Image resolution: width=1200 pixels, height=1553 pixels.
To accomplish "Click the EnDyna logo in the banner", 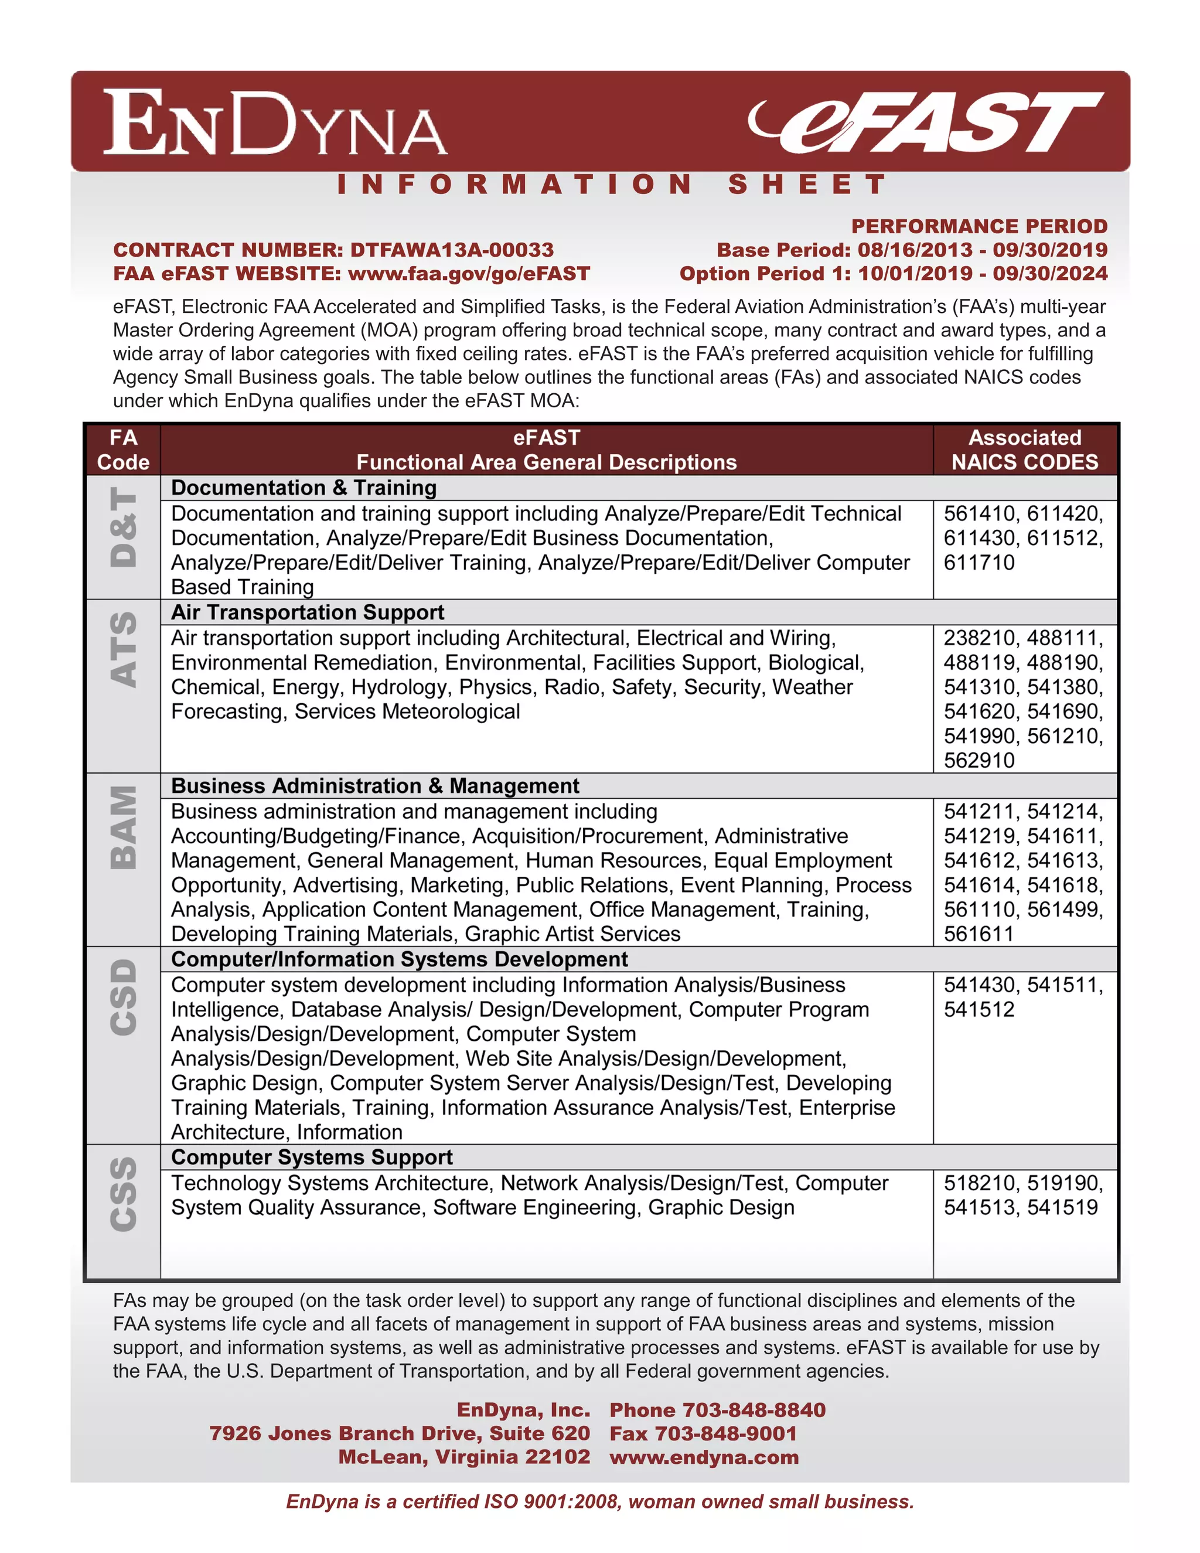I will tap(275, 122).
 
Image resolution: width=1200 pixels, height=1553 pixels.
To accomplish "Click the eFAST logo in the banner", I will tap(926, 122).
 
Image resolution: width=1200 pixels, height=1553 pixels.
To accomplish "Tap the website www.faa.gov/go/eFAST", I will tap(469, 274).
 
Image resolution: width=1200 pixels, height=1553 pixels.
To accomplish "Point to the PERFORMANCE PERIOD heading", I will tap(979, 226).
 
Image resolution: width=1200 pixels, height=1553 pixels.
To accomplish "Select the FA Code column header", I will tap(123, 449).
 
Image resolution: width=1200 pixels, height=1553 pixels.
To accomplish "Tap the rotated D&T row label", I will tap(124, 527).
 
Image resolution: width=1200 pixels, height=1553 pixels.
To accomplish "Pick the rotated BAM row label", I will tap(124, 827).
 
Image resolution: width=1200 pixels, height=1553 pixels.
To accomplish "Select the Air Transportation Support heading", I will tap(307, 612).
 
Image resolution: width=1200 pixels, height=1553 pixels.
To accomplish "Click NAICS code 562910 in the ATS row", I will tap(979, 760).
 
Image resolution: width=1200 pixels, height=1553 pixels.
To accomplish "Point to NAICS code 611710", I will tap(979, 563).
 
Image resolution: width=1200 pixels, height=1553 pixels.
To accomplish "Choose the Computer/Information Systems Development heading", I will tap(399, 959).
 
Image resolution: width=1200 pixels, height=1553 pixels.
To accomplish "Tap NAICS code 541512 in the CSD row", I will tap(979, 1009).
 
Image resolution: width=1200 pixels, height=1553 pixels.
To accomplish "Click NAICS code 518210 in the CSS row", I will tap(980, 1183).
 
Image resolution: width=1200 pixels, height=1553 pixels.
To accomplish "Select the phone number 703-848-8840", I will tap(754, 1410).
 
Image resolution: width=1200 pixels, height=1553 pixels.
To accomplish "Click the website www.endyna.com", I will tap(704, 1457).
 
